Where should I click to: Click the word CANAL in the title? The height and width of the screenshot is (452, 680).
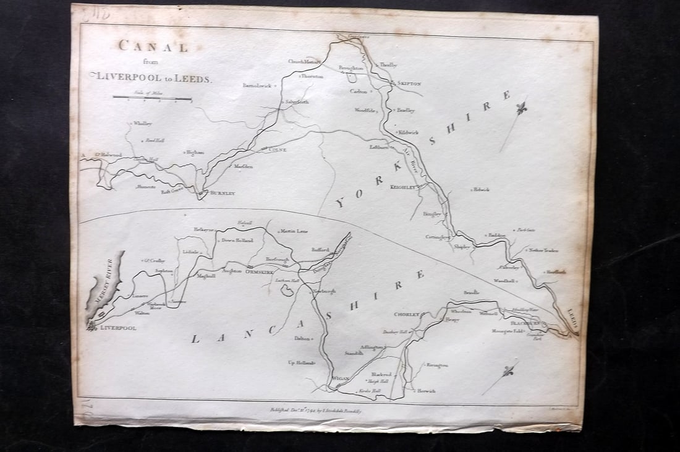tap(153, 46)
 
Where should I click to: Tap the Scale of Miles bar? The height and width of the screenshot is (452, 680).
tap(152, 98)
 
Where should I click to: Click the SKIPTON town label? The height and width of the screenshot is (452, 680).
tap(409, 83)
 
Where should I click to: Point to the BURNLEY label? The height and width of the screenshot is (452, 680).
tap(222, 194)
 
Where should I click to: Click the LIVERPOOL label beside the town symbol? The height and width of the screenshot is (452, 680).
tap(118, 328)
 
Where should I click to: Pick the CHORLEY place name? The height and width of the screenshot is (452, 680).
tap(407, 314)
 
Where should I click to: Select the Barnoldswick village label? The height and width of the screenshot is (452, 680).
tap(257, 85)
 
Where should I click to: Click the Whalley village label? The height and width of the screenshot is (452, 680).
tap(142, 124)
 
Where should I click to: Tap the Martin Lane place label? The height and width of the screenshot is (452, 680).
tap(294, 231)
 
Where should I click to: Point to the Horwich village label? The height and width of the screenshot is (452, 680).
tap(426, 391)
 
